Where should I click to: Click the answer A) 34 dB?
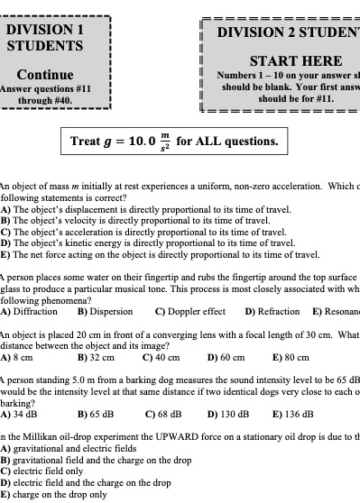[x=19, y=414]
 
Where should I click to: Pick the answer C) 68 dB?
[x=163, y=414]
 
